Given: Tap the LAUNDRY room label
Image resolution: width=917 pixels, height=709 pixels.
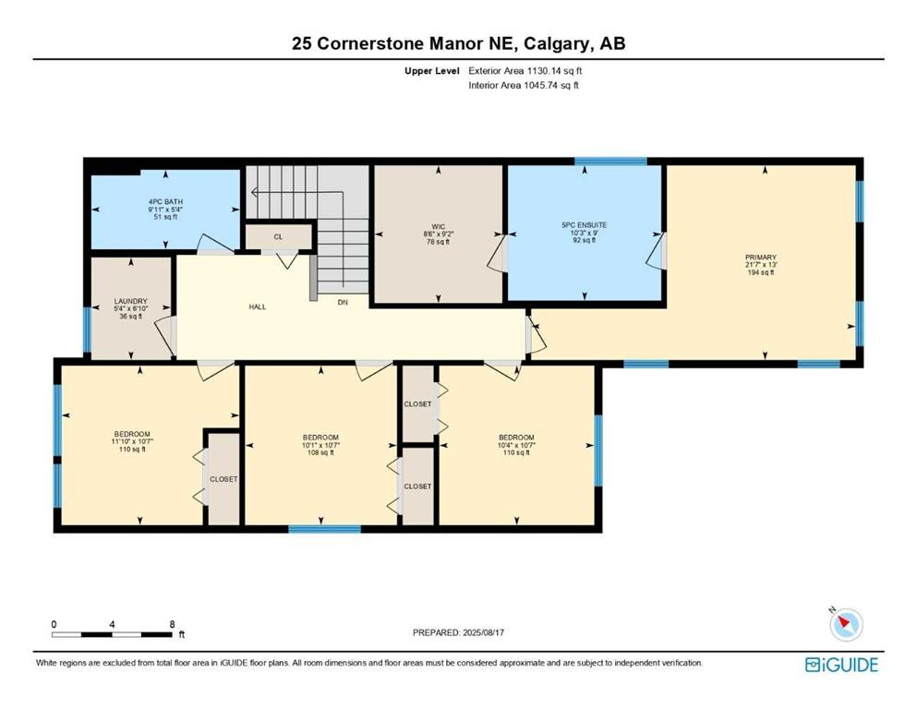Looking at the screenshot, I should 130,301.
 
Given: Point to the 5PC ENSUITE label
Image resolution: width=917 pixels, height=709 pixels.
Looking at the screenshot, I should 584,224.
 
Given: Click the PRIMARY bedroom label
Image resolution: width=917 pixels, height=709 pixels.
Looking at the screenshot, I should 763,258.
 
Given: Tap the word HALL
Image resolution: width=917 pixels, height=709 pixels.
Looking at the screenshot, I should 257,306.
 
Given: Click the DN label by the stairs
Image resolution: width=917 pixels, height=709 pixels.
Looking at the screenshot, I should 343,303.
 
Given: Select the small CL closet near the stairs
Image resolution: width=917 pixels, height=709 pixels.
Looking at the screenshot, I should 278,236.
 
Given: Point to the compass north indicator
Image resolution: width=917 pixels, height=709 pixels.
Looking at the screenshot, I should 834,611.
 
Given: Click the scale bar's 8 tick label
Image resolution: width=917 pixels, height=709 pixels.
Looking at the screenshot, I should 173,624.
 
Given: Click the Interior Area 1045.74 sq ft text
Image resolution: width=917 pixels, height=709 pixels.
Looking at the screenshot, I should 524,86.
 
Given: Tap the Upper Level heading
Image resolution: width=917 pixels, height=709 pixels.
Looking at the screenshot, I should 428,70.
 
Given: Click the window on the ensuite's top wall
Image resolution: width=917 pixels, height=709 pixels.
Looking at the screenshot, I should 610,162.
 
